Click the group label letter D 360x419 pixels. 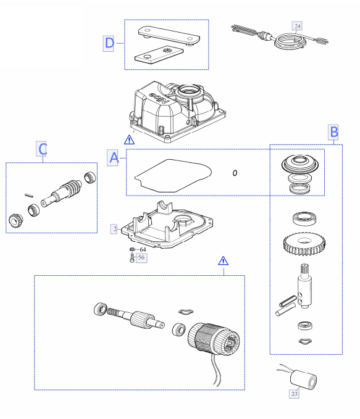click(109, 43)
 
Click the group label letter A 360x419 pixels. click(112, 157)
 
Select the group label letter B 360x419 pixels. click(333, 132)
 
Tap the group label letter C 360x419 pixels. click(41, 149)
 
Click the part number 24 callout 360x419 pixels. click(297, 26)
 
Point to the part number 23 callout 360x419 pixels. click(294, 394)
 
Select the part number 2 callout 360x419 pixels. click(114, 229)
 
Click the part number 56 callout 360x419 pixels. click(141, 257)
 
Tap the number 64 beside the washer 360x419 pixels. click(143, 249)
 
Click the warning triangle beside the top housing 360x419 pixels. click(129, 139)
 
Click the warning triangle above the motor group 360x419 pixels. click(223, 261)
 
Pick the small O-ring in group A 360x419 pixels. click(235, 173)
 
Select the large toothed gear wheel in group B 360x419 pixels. click(304, 244)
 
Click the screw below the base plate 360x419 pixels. click(132, 258)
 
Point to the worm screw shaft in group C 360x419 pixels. click(62, 193)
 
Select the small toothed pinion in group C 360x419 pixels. click(15, 220)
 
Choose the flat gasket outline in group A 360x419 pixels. click(173, 176)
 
